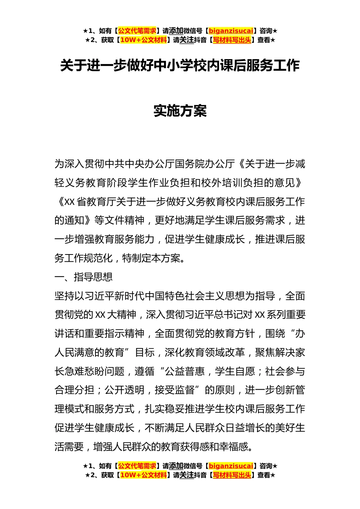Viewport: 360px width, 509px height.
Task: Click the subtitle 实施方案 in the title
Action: pos(180,111)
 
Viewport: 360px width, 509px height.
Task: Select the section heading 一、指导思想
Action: pos(83,277)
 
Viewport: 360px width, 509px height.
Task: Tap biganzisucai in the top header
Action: pos(231,31)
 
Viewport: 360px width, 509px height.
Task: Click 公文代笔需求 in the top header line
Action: pos(137,31)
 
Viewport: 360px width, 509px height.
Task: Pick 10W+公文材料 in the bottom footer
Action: pos(143,475)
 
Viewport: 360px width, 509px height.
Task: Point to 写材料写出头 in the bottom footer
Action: pos(232,475)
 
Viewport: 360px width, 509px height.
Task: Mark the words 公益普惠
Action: pos(185,372)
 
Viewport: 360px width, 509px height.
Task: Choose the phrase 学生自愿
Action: pos(235,372)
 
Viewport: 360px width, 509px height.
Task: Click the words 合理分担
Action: pos(74,390)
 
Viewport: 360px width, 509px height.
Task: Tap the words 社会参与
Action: pos(285,372)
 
